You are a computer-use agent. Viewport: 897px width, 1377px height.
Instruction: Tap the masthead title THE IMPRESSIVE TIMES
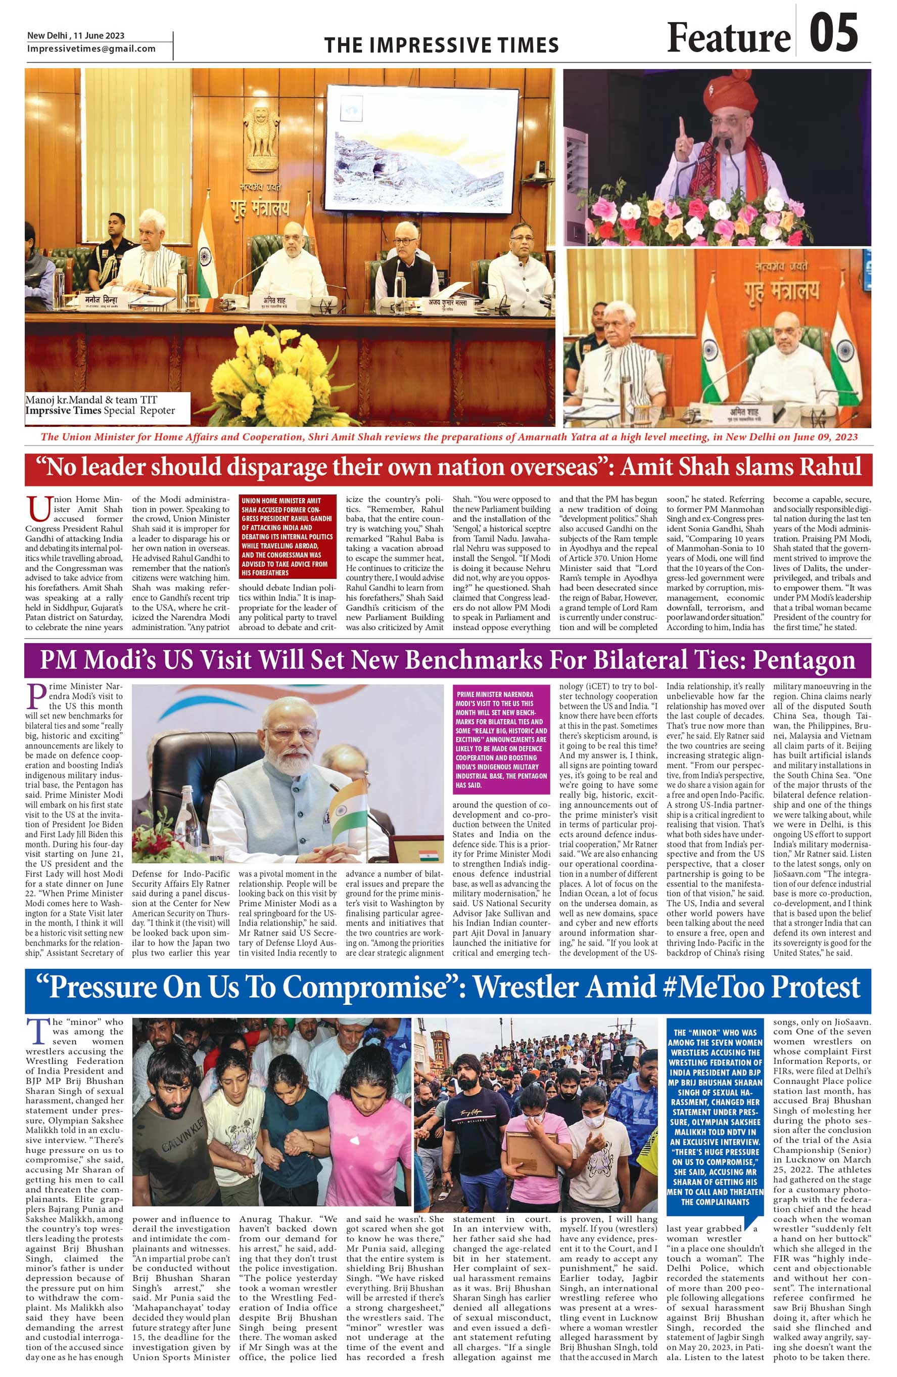(441, 45)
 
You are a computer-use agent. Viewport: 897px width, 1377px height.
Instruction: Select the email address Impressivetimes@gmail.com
(91, 49)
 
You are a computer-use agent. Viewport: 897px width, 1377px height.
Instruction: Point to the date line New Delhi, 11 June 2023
(76, 36)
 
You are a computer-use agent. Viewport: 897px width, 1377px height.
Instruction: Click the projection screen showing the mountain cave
(421, 148)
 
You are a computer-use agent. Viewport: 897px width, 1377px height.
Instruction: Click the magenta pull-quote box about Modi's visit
(501, 739)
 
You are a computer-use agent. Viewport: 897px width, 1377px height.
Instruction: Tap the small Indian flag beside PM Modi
(349, 807)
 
